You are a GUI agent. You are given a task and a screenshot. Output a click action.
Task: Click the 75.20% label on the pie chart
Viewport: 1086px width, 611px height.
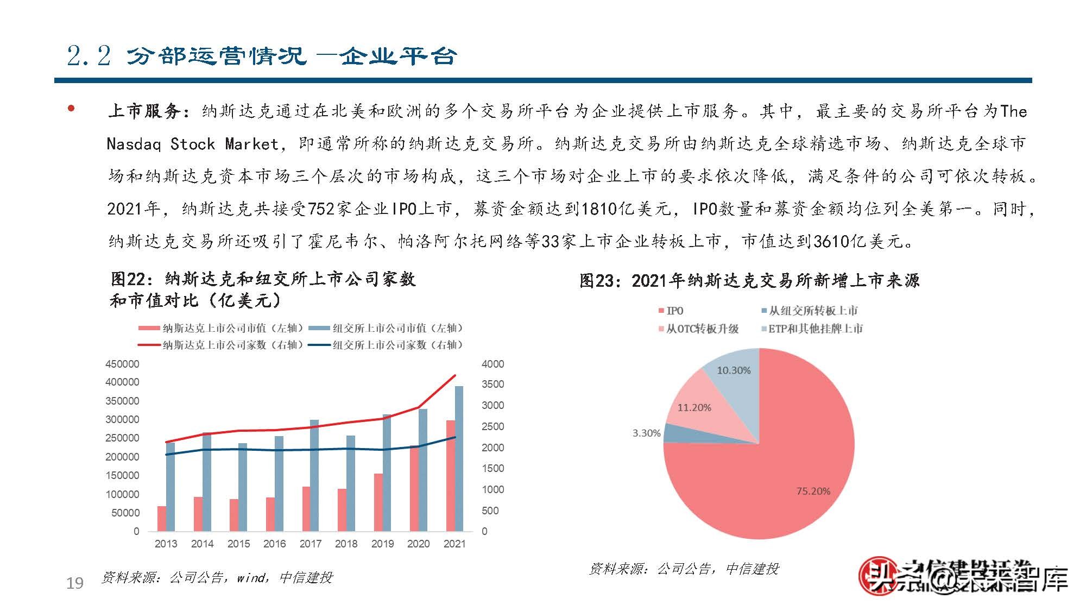tap(813, 491)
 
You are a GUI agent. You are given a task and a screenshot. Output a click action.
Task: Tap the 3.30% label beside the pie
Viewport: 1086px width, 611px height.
tap(646, 433)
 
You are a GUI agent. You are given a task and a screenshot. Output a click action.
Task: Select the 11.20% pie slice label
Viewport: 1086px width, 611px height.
tap(694, 407)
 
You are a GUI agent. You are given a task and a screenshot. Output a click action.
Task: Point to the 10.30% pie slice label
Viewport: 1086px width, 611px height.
tap(734, 370)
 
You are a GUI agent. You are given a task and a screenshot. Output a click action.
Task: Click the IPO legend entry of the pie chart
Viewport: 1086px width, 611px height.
tap(671, 311)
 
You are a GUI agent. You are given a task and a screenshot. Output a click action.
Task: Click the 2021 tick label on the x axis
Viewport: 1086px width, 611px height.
tap(454, 544)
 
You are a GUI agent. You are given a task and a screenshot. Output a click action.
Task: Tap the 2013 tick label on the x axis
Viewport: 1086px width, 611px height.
tap(166, 544)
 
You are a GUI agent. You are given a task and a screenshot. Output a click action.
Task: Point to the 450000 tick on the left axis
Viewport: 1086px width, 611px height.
tap(122, 364)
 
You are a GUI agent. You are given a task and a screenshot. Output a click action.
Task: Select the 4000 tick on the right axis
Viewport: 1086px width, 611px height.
tap(493, 364)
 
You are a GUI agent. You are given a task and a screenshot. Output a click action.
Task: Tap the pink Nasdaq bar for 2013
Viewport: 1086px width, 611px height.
tap(162, 518)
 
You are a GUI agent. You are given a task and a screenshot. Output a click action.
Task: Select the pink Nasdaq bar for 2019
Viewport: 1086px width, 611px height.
tap(378, 502)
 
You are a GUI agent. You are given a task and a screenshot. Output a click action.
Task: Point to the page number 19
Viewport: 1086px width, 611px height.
tap(75, 583)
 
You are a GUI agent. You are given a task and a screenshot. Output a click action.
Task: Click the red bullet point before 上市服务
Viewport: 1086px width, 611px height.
tap(71, 109)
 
